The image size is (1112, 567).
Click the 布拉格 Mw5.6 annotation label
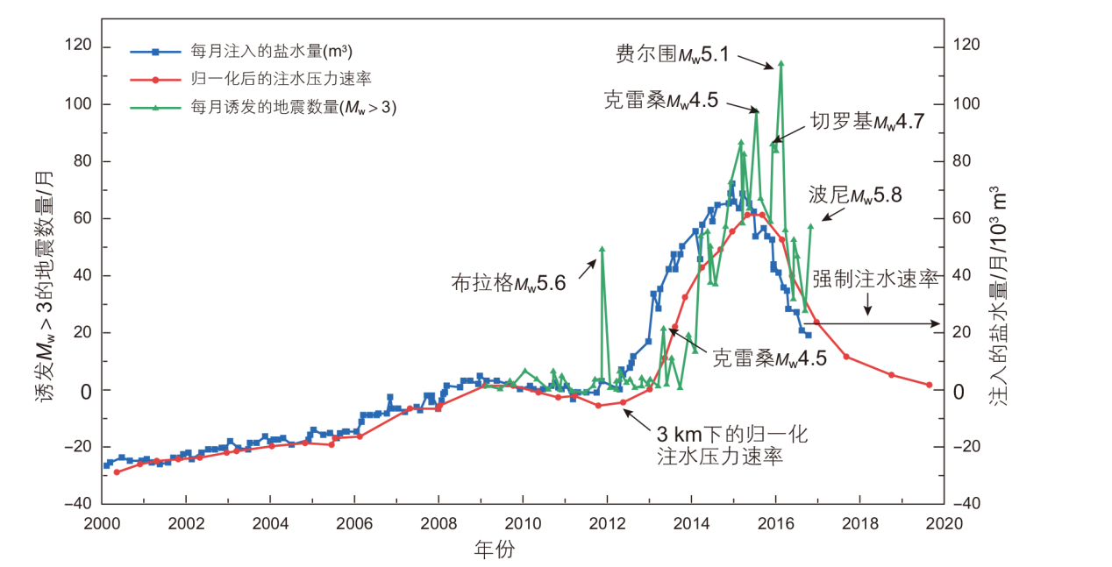point(509,283)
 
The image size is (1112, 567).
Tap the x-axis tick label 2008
point(438,523)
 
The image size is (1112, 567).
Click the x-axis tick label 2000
point(102,523)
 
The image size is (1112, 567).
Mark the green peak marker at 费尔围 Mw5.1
point(781,63)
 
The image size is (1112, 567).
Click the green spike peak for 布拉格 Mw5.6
point(602,249)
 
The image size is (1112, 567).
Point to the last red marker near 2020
point(929,385)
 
